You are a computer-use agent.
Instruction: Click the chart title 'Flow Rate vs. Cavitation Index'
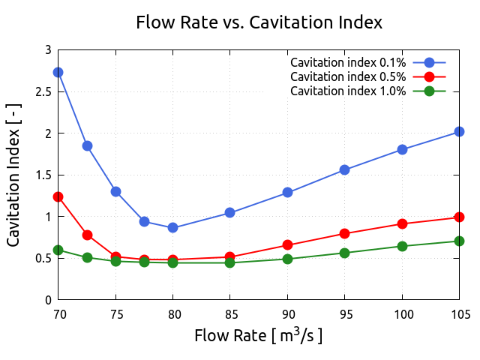259,22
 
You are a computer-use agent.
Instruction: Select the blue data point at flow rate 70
58,72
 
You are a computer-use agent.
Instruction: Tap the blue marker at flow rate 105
459,132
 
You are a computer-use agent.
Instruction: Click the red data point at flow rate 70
58,196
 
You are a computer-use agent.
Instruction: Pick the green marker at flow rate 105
459,241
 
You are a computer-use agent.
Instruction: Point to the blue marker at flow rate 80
173,227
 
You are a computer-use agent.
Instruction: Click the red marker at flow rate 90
287,244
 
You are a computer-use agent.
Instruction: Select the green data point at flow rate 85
229,262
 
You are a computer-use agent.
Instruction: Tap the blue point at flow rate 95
344,169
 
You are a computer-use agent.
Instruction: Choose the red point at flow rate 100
402,223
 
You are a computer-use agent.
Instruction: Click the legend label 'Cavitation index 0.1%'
348,62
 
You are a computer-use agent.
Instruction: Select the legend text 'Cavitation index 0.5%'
348,76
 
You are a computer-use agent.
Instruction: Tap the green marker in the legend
430,91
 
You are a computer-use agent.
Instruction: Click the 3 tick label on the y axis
48,50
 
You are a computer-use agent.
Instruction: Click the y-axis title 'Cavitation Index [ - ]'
14,175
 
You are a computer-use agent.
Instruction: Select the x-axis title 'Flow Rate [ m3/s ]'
259,335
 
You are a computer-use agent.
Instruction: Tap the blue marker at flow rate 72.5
87,145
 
